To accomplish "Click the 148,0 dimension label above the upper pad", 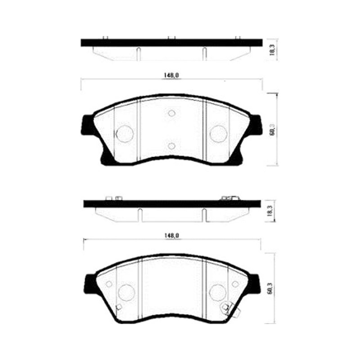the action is pos(171,75).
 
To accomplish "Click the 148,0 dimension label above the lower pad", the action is pos(172,235).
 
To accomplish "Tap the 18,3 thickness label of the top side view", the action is pos(272,50).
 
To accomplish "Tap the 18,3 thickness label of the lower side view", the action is pos(270,211).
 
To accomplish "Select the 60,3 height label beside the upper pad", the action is pos(272,130).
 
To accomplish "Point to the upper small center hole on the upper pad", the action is pos(172,113).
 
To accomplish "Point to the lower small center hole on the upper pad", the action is pos(172,146).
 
